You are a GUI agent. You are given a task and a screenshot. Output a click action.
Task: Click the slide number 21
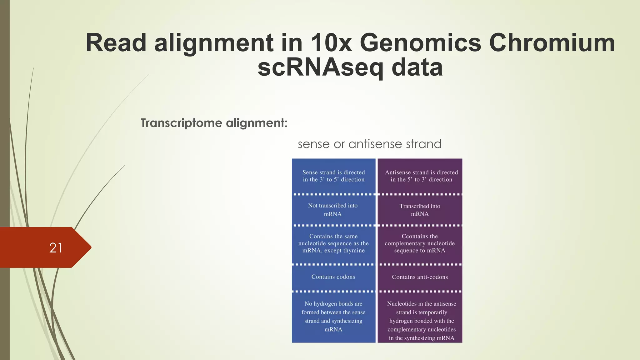pos(56,248)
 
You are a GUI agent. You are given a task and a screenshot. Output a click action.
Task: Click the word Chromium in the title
pos(552,43)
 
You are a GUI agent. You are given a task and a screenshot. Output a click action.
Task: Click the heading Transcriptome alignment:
pos(214,123)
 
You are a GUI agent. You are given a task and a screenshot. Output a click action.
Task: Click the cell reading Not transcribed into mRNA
pos(333,210)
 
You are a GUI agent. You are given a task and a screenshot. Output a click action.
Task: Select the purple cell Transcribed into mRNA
pos(420,210)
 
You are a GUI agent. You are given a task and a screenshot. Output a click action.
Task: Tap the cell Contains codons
pos(333,277)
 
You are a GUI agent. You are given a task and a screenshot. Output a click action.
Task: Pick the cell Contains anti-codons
pos(420,277)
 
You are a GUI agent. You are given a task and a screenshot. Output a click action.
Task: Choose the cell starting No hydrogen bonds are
pos(333,316)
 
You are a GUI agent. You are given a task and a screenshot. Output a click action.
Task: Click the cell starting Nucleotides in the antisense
pos(421,321)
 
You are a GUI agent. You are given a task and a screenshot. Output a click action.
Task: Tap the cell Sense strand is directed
pos(333,176)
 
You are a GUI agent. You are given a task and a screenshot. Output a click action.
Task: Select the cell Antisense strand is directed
pos(421,176)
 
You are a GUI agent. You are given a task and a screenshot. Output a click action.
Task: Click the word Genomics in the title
pos(420,43)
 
